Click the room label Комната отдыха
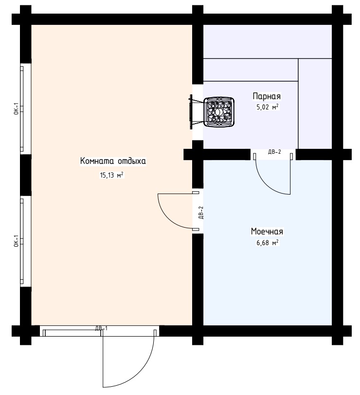113,161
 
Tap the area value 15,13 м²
112,175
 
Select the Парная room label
267,96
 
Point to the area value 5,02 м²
267,107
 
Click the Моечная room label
267,231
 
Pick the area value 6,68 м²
267,243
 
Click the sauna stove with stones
218,111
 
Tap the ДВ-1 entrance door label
102,328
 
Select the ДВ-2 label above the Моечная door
274,152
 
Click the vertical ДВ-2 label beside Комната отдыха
201,213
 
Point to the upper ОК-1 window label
16,108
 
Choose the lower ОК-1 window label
16,241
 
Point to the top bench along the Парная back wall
267,41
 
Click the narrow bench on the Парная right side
315,104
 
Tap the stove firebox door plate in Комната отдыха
191,112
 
